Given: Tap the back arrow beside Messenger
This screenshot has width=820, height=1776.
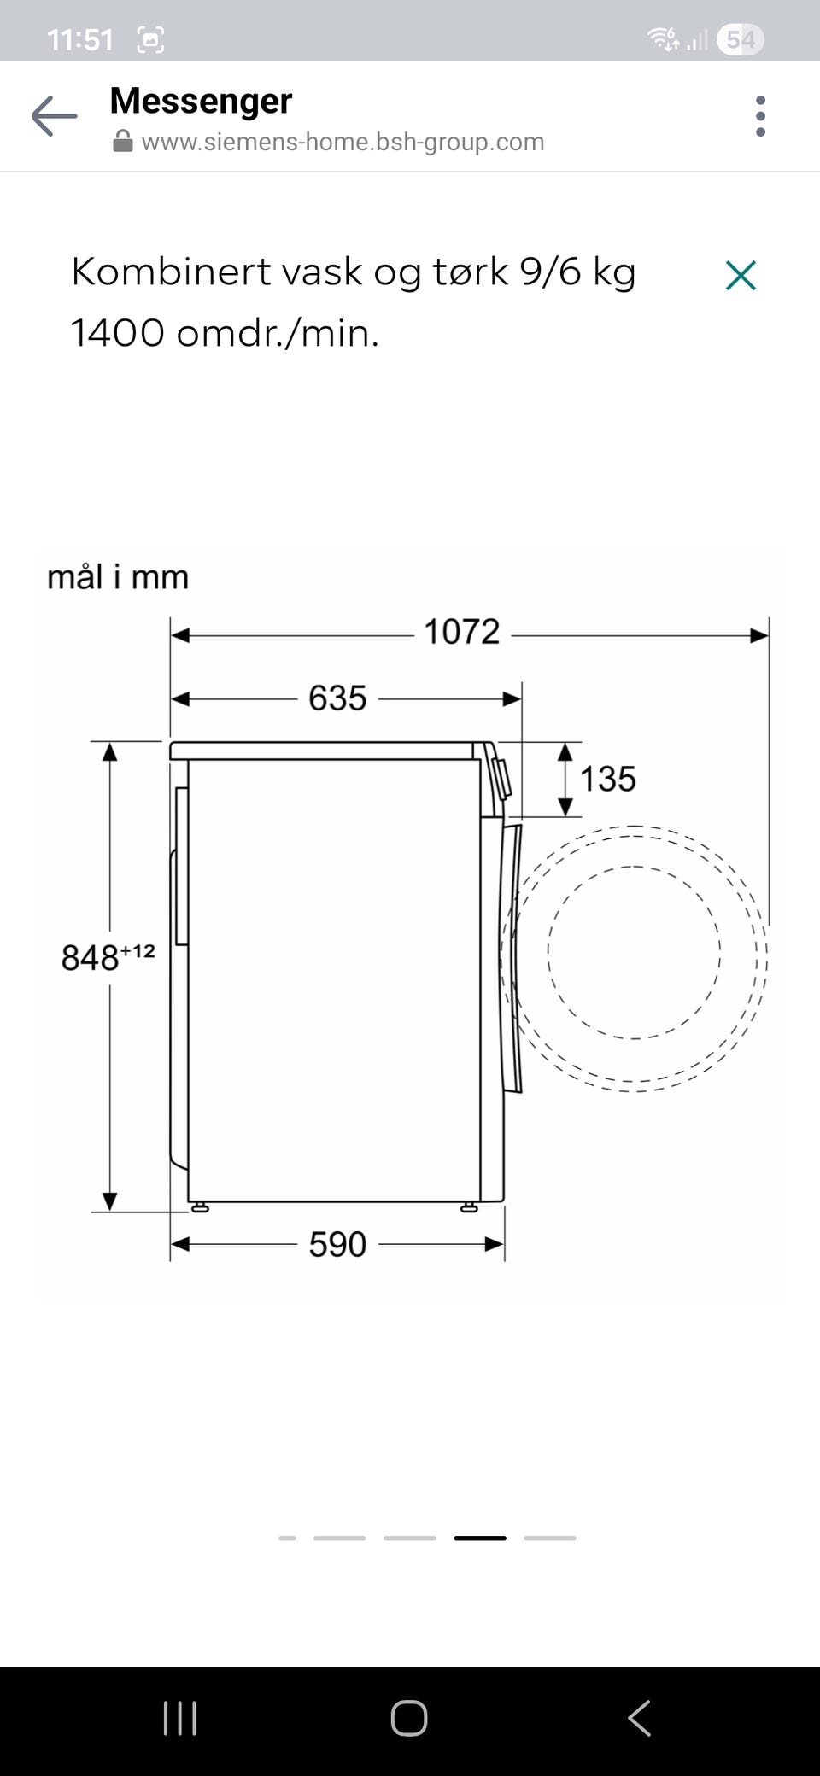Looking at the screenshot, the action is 54,116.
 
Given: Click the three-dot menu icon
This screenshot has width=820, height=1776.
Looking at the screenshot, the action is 760,116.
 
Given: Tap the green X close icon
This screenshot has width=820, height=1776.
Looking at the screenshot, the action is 741,276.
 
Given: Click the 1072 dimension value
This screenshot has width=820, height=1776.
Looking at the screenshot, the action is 461,632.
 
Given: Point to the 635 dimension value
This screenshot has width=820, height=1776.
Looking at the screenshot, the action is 337,698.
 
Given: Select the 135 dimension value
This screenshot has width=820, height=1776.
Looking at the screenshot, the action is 608,779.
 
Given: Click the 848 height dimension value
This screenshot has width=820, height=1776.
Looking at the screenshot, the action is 90,957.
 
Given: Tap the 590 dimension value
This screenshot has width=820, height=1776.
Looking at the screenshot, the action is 337,1245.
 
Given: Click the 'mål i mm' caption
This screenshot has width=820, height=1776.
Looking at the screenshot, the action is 118,577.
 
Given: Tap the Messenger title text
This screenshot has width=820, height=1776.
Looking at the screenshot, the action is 201,101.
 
